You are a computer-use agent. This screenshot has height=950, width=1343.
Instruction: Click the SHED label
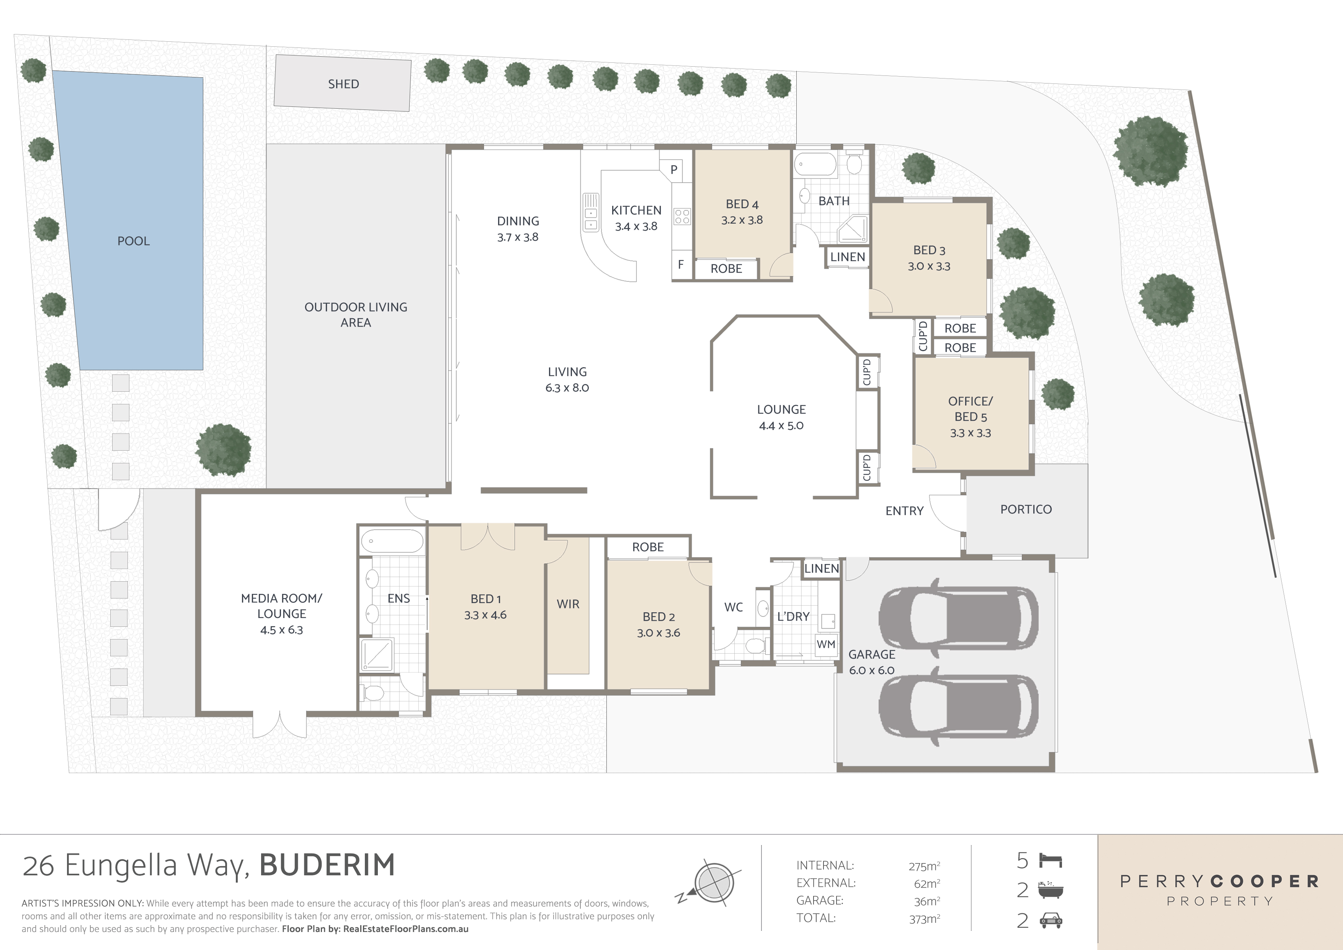(343, 83)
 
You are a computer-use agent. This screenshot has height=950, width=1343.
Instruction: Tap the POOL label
(133, 241)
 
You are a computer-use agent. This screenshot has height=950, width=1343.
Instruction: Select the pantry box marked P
(674, 170)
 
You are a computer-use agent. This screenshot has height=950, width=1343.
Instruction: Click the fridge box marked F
(681, 265)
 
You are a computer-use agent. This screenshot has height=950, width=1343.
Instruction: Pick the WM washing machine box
(825, 644)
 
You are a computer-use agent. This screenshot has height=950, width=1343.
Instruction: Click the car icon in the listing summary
(1051, 921)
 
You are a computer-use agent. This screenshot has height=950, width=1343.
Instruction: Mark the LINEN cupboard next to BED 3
(847, 257)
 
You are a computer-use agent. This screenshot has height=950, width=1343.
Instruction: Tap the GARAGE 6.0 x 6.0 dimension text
(872, 670)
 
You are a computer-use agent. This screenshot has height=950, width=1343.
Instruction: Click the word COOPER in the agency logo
(1263, 881)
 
